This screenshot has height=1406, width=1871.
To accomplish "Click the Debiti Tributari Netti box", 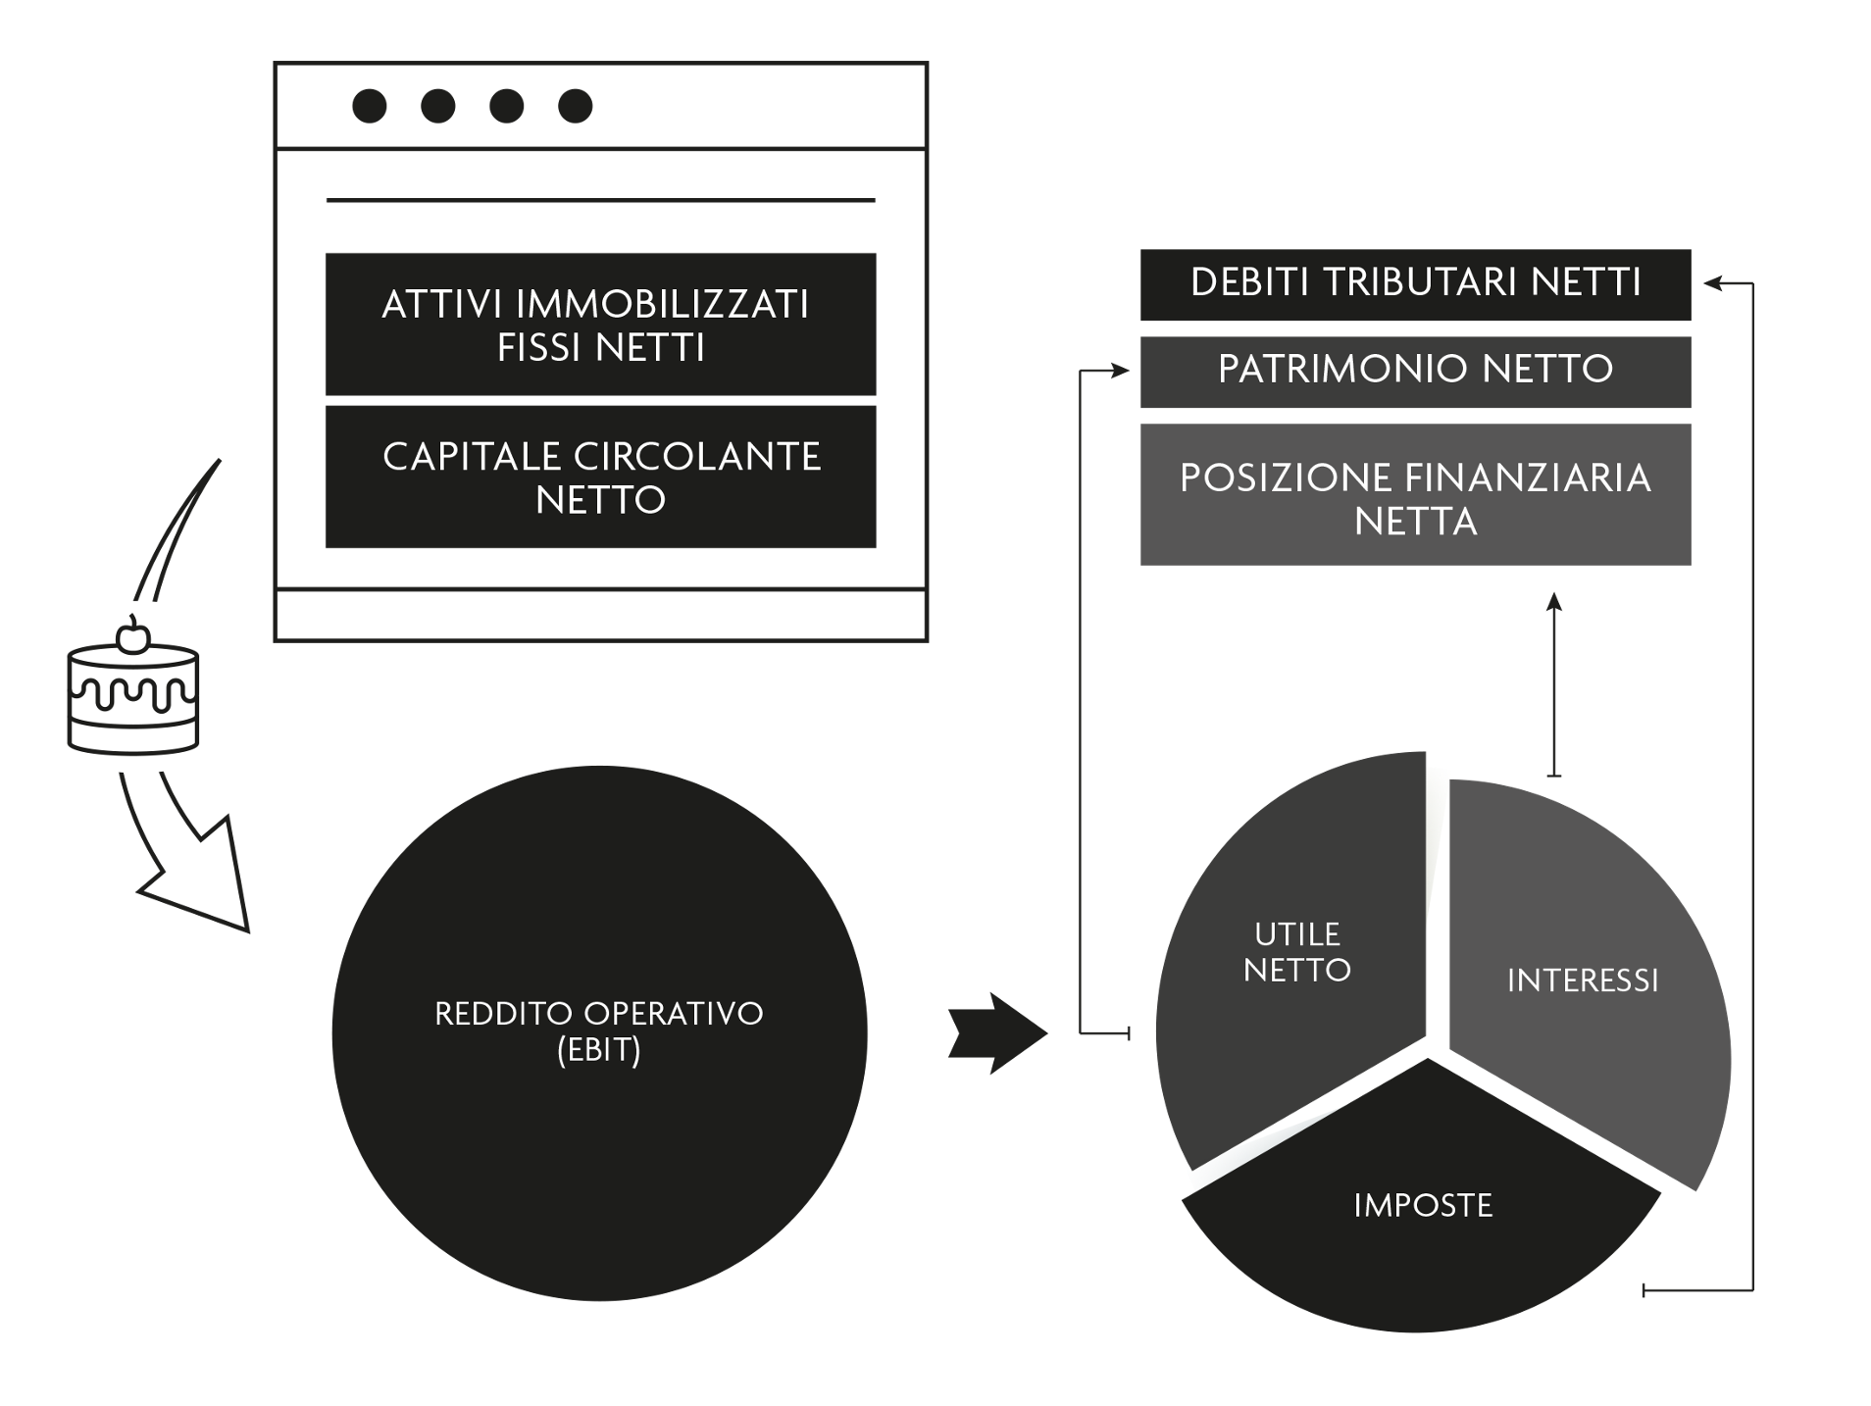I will pyautogui.click(x=1414, y=284).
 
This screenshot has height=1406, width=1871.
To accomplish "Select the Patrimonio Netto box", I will pyautogui.click(x=1414, y=371).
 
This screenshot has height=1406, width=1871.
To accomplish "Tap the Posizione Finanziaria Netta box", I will pyautogui.click(x=1414, y=494).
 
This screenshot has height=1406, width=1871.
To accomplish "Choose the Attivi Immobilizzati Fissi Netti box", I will pyautogui.click(x=600, y=325).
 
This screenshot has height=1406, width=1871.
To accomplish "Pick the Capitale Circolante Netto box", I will pyautogui.click(x=600, y=477).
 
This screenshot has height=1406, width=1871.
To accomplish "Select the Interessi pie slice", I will pyautogui.click(x=1582, y=980).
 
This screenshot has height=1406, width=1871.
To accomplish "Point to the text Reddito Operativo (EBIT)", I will pyautogui.click(x=598, y=1030).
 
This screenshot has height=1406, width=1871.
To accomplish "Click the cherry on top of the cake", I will pyautogui.click(x=132, y=637).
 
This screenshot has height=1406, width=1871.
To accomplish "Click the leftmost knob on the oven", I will pyautogui.click(x=370, y=106).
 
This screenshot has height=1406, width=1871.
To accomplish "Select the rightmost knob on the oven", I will pyautogui.click(x=575, y=106).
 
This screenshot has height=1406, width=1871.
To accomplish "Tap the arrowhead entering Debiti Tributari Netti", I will pyautogui.click(x=1714, y=284).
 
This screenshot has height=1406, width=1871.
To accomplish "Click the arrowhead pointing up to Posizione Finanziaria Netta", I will pyautogui.click(x=1553, y=602).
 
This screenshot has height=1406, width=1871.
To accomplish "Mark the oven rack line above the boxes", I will pyautogui.click(x=600, y=200).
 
